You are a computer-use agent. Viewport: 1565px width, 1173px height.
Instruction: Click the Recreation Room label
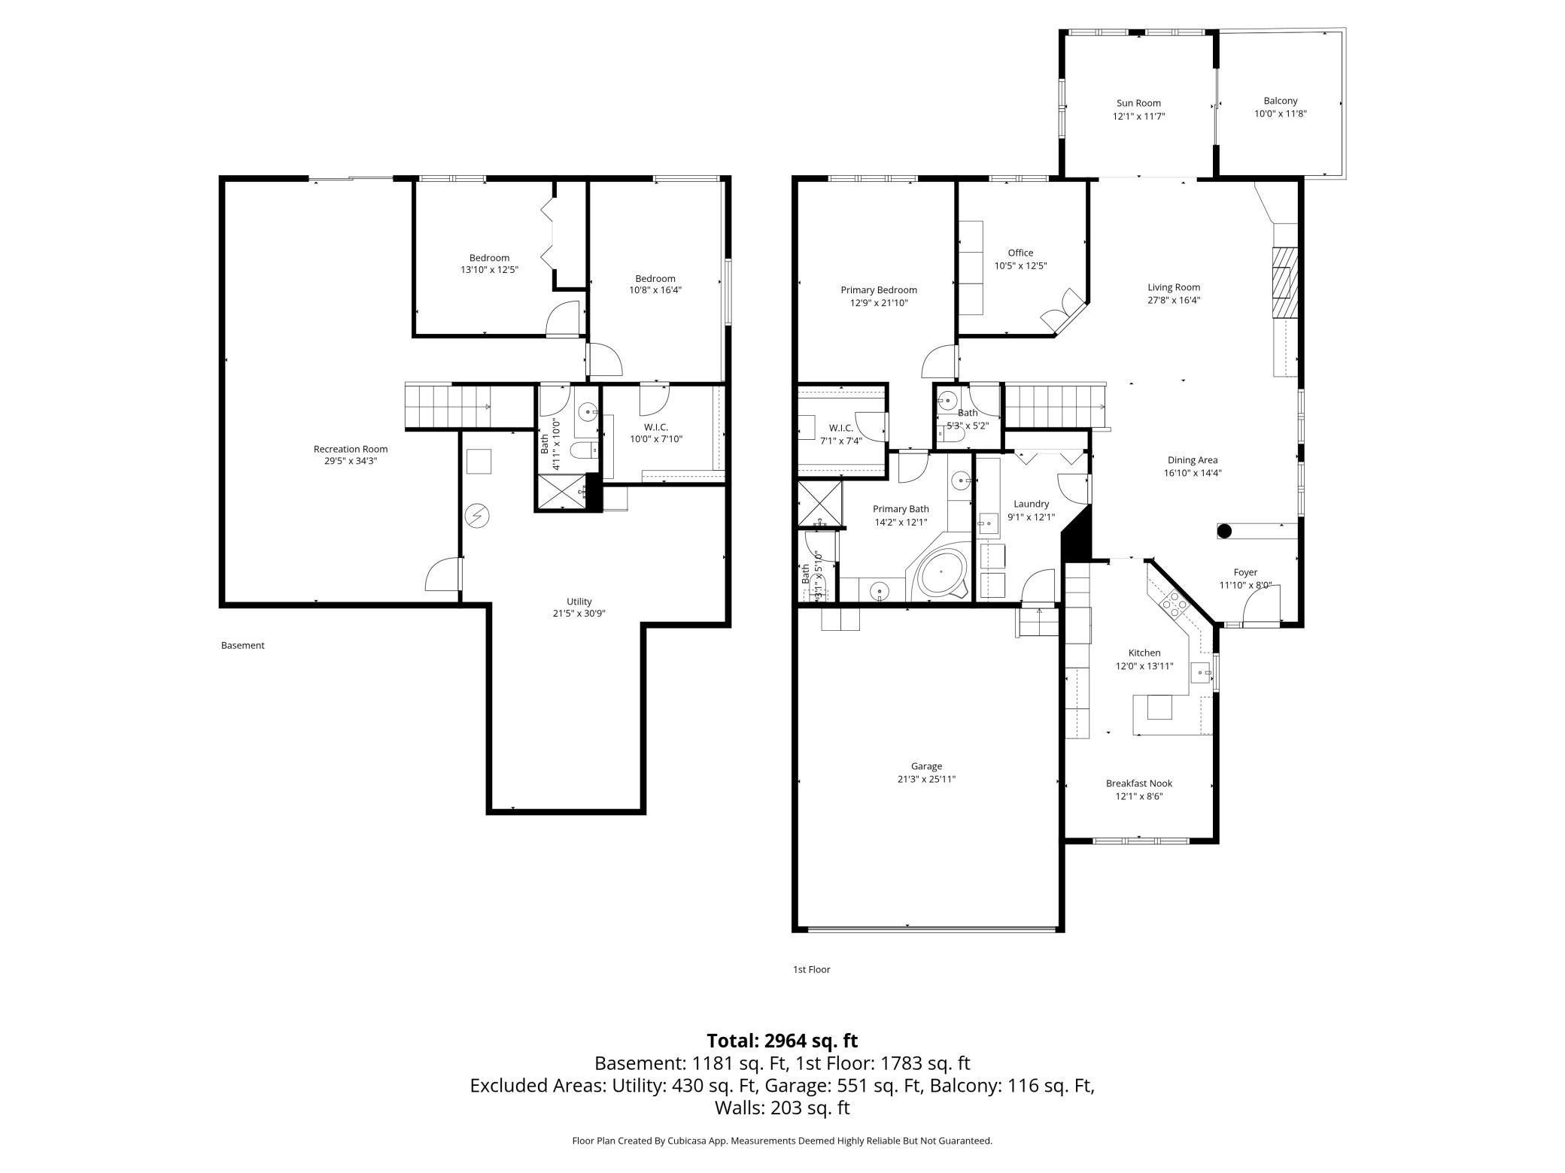[351, 449]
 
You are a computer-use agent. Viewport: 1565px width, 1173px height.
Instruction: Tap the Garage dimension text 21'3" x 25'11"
[926, 779]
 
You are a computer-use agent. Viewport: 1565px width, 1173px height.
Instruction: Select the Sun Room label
[1138, 103]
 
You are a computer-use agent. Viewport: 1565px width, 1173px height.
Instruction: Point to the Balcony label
[1281, 101]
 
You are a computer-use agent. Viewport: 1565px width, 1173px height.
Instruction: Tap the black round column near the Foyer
[1224, 531]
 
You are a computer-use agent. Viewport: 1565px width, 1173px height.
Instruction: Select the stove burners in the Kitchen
[1174, 603]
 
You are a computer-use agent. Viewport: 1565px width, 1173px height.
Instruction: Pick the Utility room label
[579, 602]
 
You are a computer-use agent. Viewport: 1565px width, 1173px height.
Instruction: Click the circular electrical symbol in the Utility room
[476, 515]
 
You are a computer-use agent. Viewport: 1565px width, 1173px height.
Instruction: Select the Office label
[1020, 253]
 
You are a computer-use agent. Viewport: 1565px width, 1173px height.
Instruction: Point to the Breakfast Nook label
[1139, 784]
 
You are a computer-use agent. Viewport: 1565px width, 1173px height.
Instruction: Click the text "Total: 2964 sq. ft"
[782, 1041]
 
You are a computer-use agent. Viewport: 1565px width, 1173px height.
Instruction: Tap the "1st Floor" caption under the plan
[812, 969]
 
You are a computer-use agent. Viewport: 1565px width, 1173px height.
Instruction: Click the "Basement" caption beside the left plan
[243, 645]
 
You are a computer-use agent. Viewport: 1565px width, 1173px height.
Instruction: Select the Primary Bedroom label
[879, 289]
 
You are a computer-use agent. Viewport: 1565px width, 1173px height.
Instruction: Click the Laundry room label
[1031, 504]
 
